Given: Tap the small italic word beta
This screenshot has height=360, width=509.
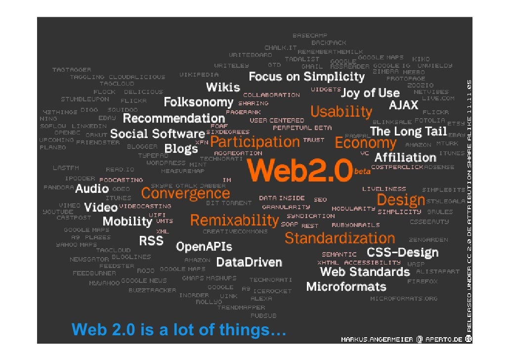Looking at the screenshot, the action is click(362, 172).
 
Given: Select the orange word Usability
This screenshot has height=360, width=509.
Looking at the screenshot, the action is click(341, 112).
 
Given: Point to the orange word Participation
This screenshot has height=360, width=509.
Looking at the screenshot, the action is click(255, 142).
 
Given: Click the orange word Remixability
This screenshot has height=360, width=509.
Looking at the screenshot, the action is click(234, 220).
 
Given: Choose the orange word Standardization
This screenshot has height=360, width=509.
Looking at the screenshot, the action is click(340, 238).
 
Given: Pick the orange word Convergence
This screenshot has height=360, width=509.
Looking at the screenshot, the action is click(185, 193).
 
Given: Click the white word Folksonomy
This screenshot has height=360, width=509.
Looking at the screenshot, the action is click(198, 102).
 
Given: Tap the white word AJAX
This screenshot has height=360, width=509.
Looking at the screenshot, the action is click(404, 105).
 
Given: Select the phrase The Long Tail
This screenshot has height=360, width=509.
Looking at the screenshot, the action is click(408, 132).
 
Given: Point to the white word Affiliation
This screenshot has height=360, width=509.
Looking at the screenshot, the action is click(405, 158).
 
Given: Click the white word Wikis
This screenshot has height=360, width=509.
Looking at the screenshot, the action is click(223, 88).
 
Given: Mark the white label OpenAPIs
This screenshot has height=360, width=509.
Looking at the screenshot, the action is click(204, 246).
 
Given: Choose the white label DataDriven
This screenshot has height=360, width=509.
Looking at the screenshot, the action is click(249, 262).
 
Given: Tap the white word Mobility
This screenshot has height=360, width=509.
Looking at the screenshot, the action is click(127, 221).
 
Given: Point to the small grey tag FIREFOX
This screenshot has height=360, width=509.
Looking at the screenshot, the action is click(422, 281).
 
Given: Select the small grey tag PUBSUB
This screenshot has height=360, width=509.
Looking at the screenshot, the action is click(263, 315).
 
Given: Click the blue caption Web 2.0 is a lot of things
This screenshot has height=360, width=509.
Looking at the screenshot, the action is click(179, 329).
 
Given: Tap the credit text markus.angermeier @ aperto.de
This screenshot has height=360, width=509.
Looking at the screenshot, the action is click(402, 339).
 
